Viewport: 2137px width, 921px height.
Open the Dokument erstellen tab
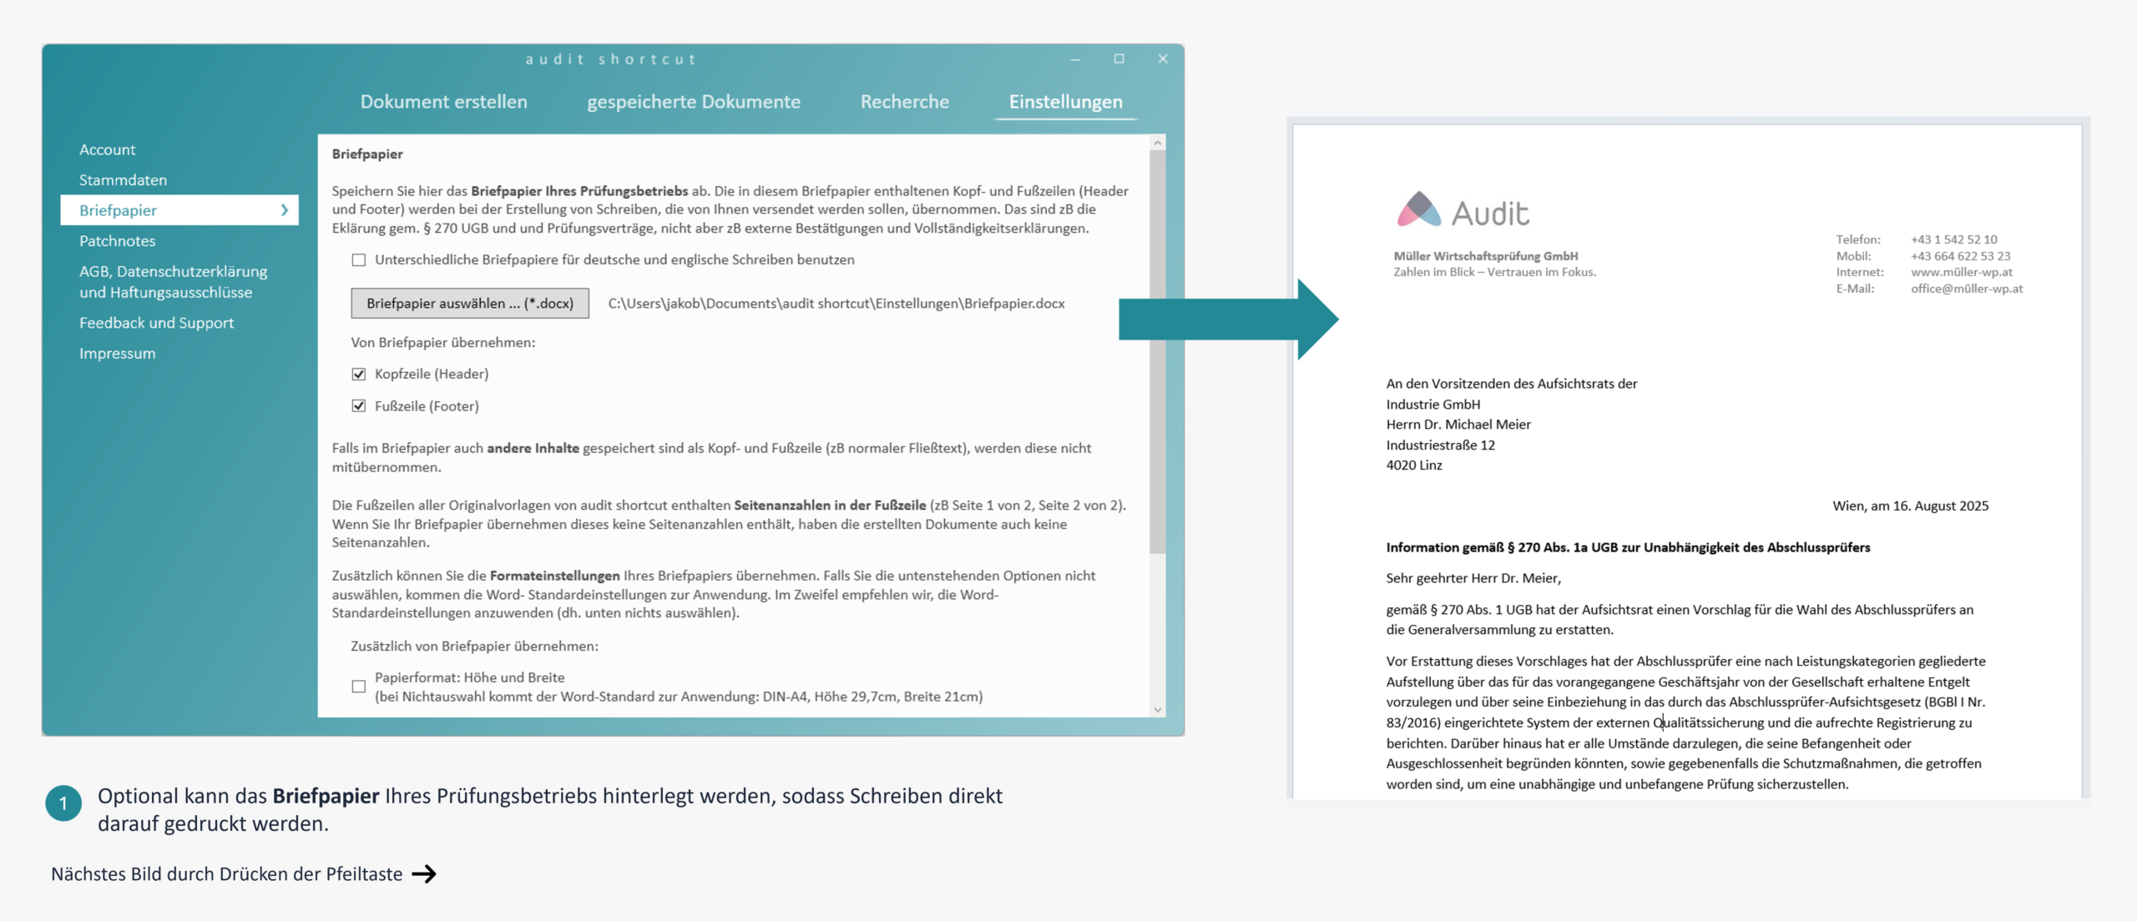443,102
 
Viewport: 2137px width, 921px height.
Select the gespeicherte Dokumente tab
693,102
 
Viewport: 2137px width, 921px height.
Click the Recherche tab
904,102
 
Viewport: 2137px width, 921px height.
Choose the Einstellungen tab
1065,102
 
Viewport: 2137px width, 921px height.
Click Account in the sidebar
107,149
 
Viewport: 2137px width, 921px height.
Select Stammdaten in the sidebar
123,180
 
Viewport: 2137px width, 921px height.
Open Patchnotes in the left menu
117,241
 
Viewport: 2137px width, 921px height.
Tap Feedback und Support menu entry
156,323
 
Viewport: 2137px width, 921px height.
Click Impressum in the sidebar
117,354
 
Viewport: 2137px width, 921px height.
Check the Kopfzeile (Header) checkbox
359,374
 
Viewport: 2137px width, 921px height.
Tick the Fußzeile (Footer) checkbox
359,406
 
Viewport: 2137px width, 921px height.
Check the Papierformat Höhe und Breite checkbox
359,687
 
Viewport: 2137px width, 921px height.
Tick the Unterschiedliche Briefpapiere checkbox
359,260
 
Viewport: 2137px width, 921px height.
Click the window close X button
1163,58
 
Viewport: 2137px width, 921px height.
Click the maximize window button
1119,58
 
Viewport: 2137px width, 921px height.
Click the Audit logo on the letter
1463,211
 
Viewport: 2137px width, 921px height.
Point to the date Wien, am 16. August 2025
1910,506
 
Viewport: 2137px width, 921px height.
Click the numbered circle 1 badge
63,803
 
